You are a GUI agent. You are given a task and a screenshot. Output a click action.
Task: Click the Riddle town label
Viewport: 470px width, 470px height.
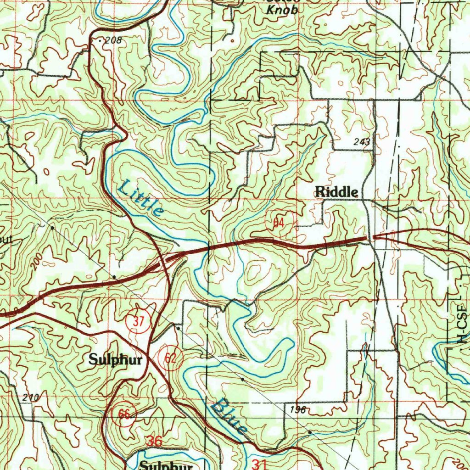tap(336, 192)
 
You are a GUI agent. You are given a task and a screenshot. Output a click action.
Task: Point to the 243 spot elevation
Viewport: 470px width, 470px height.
tap(362, 142)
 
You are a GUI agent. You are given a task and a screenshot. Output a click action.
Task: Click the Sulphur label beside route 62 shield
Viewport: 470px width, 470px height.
tap(115, 359)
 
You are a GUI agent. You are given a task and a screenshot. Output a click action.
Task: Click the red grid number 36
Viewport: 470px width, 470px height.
tap(155, 441)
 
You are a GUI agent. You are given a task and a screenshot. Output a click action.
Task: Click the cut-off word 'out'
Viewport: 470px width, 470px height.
tap(6, 240)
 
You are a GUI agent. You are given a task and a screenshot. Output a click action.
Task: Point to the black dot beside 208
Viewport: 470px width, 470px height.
tap(101, 40)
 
